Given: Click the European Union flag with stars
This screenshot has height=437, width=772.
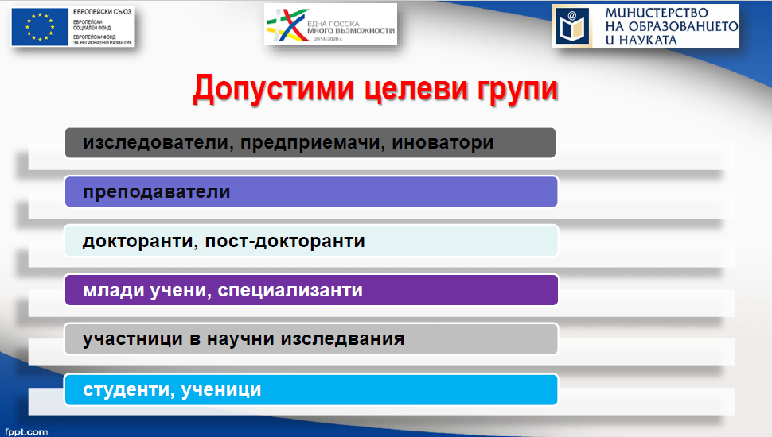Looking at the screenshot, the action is tap(40, 27).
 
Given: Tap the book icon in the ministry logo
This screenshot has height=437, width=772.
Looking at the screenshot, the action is tap(572, 26).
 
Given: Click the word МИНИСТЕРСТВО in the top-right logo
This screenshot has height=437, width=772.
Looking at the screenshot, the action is tap(657, 13).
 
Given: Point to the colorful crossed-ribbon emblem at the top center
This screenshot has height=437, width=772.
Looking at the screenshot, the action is tap(285, 25).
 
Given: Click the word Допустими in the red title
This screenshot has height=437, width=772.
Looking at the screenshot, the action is tap(273, 90).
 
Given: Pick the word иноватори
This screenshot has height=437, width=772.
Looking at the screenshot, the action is tap(443, 142).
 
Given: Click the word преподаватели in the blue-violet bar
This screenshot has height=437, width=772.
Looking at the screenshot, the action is tap(157, 191).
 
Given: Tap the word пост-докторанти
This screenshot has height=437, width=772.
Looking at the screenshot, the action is tap(285, 241).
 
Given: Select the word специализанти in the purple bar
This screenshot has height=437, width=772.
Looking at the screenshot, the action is tap(290, 290).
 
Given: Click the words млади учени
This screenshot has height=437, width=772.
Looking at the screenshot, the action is tap(147, 290).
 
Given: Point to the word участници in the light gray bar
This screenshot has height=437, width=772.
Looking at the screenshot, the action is tap(133, 338).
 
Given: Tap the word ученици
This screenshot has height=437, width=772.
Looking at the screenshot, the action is tap(221, 389).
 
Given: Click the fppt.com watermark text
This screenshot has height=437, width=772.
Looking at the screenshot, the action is tap(26, 431).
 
